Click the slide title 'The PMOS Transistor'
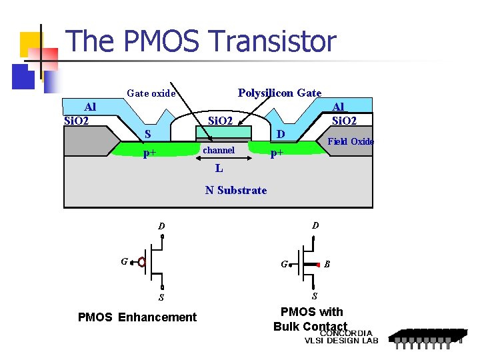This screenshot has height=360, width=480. (201, 41)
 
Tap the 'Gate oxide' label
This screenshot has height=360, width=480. (151, 93)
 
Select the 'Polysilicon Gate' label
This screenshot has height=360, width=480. (279, 93)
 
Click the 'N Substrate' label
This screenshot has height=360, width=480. (236, 190)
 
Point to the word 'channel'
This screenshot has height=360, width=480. (219, 151)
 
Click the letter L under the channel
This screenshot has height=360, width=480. (219, 169)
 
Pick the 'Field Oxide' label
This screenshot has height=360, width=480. (351, 141)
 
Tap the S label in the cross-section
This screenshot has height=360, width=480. (149, 134)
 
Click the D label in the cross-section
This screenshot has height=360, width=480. (281, 134)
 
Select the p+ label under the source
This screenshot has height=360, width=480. (150, 153)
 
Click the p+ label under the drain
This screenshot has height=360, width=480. (277, 153)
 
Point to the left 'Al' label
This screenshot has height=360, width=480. (89, 107)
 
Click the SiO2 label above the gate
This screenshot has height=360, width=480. (221, 121)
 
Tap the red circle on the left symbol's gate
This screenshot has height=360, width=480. (141, 262)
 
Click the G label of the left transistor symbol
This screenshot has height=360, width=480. (124, 261)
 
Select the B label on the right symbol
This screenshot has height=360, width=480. (327, 264)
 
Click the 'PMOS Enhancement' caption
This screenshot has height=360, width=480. (137, 317)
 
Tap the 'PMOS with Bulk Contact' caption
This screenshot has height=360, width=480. (311, 319)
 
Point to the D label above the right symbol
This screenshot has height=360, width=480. (315, 225)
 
